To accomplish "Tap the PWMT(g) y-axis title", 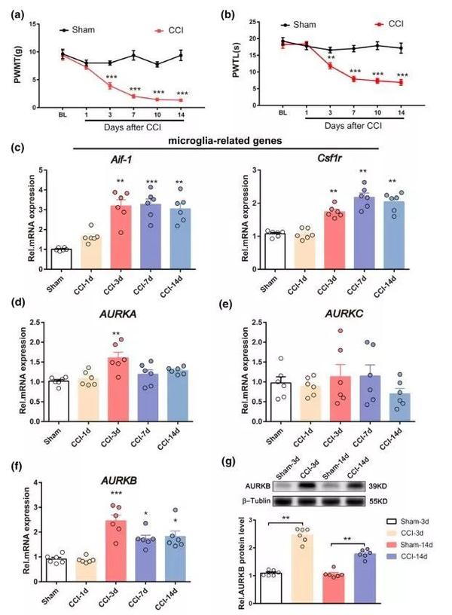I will (14, 66).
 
